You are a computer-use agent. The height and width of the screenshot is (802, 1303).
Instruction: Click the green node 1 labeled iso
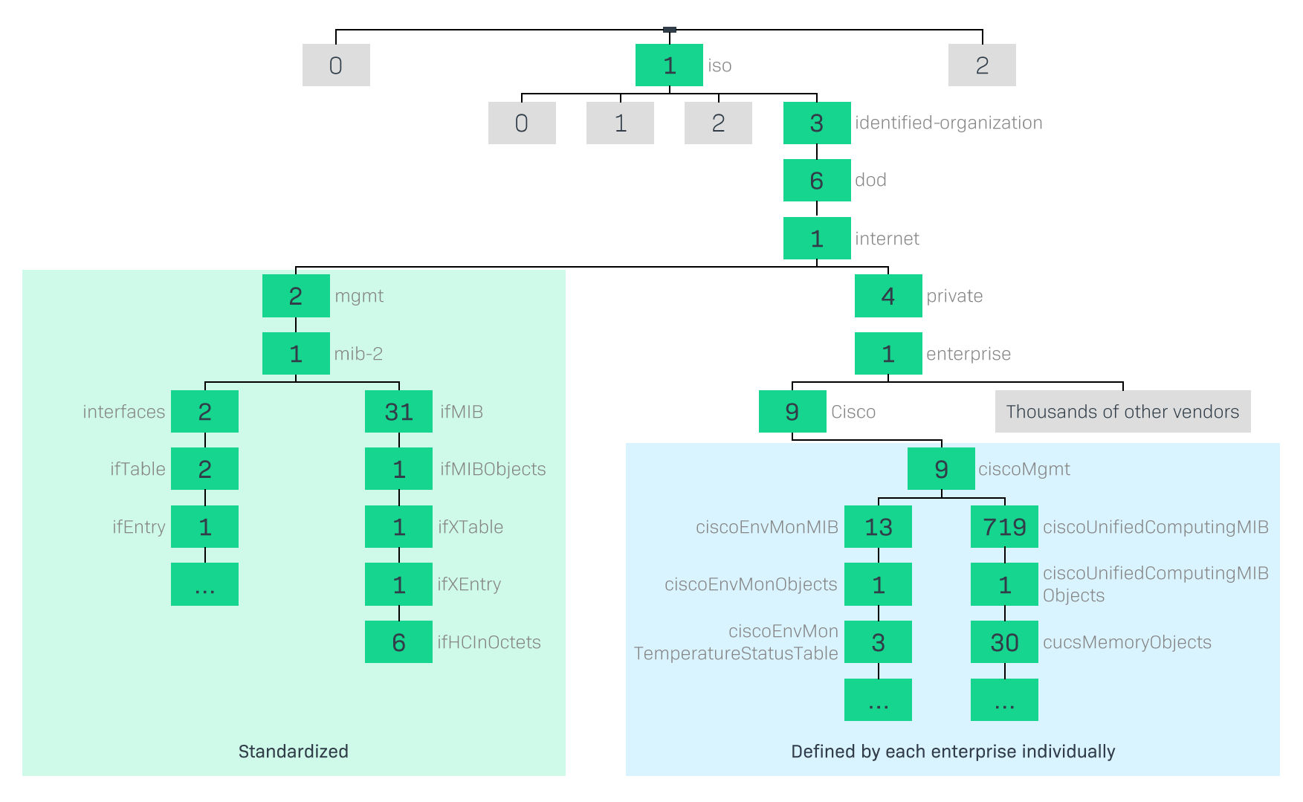point(669,65)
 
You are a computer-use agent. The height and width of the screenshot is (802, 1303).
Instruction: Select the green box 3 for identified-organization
point(816,123)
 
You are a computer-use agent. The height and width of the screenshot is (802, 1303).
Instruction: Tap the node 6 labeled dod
point(816,180)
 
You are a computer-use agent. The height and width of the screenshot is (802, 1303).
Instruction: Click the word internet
point(887,239)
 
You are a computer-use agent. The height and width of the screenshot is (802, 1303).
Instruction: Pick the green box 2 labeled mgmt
point(296,296)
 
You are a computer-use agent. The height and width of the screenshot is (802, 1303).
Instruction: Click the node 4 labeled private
point(887,296)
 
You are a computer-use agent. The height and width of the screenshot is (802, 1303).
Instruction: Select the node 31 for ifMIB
point(398,411)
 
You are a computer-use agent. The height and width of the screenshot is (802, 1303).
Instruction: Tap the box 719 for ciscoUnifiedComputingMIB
point(1004,527)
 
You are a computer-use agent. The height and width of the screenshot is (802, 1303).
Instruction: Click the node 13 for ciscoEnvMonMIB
point(878,527)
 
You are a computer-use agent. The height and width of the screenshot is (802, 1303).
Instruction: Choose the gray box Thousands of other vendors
point(1122,411)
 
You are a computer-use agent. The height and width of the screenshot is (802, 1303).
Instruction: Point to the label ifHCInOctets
point(489,642)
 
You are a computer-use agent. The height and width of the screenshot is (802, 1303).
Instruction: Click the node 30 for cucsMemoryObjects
point(1004,642)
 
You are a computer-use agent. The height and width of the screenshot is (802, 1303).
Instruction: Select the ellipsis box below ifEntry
point(204,584)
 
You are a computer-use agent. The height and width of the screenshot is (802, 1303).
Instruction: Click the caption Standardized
point(293,751)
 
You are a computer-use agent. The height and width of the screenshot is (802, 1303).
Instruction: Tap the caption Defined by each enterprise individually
point(953,751)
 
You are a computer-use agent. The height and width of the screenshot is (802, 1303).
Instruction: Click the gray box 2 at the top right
point(982,65)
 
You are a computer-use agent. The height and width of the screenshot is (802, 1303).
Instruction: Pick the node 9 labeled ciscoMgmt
point(941,469)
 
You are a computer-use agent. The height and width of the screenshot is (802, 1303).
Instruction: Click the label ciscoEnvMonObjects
point(751,584)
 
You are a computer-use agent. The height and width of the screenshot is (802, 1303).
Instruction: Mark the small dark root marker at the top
point(669,30)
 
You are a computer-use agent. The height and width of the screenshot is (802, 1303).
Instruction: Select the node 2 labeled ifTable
point(204,469)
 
